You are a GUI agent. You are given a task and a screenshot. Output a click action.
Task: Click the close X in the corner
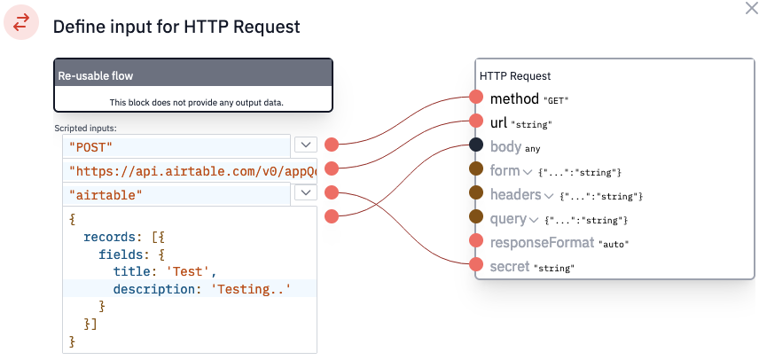752,8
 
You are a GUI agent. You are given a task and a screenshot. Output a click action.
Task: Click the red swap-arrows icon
21,22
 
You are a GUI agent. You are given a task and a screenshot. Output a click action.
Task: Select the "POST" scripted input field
176,146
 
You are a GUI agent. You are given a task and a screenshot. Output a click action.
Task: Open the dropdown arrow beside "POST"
305,145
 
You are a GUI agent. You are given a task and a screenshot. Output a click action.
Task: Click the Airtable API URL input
190,170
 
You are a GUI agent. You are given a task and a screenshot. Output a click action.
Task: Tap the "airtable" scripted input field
176,194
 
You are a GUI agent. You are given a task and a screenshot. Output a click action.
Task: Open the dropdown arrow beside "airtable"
305,192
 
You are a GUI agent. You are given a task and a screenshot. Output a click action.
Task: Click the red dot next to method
476,97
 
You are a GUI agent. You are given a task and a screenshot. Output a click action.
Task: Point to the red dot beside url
476,121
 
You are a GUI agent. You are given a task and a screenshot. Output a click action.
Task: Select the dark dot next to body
476,145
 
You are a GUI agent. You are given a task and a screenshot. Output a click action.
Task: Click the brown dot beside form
476,168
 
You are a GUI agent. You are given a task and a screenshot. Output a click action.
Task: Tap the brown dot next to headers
476,192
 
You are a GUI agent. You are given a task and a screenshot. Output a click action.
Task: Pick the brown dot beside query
476,216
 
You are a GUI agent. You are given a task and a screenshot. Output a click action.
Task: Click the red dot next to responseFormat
476,240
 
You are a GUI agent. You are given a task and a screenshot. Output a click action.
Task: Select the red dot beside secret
476,264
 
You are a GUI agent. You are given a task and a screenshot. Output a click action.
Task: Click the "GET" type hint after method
556,100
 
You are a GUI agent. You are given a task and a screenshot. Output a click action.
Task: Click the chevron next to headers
549,195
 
